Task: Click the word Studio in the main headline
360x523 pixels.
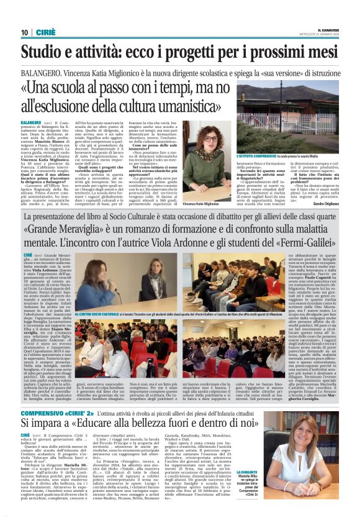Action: (46, 53)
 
